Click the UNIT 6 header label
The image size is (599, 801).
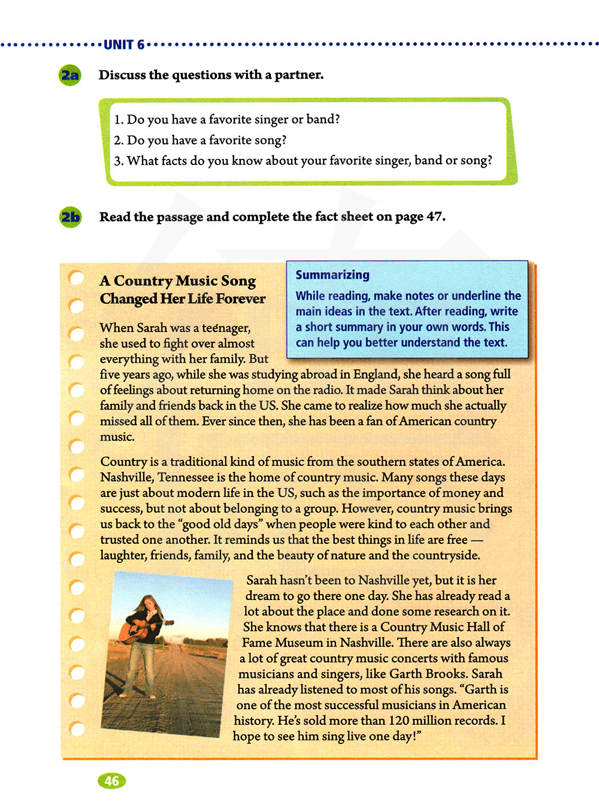coord(124,45)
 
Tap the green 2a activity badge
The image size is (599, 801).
coord(70,76)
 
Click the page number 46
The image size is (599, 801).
coord(111,781)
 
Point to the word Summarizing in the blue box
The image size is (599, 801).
coord(332,275)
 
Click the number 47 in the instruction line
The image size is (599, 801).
coord(434,216)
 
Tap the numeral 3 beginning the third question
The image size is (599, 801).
coord(117,161)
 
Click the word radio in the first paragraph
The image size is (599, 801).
coord(310,390)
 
